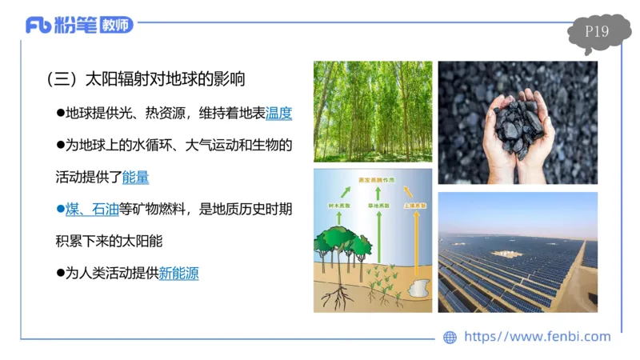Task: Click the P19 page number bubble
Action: [x=597, y=33]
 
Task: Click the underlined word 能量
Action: [x=135, y=177]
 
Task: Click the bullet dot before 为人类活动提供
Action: [x=59, y=273]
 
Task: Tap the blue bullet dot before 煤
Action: [x=59, y=210]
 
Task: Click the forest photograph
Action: [x=372, y=111]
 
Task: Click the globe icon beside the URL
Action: [x=450, y=337]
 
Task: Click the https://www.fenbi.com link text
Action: [x=537, y=337]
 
